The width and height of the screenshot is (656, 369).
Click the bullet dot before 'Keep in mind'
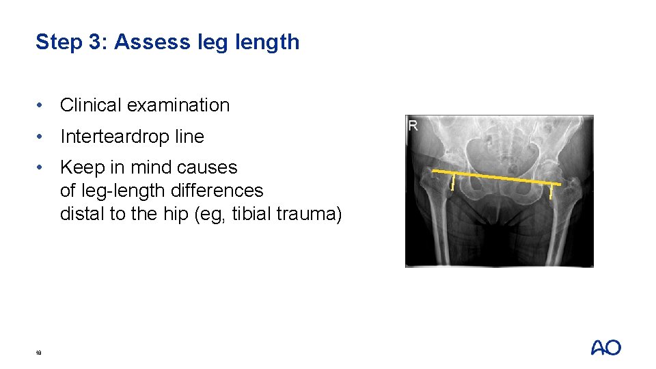[42, 167]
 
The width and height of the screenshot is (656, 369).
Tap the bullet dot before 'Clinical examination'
[42, 105]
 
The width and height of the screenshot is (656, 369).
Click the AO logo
[605, 348]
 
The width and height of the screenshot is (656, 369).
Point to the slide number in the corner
[40, 353]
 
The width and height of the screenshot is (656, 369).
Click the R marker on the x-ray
[413, 126]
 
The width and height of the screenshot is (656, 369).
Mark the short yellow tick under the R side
[452, 182]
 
